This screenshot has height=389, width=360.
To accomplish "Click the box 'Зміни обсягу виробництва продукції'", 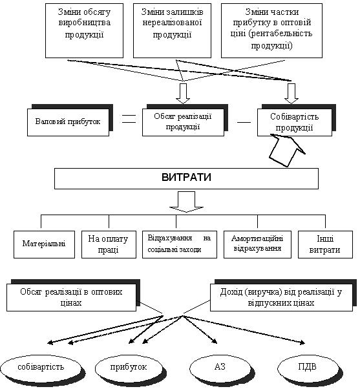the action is tap(84, 30).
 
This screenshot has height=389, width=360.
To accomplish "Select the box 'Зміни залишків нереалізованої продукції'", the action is tap(172, 30).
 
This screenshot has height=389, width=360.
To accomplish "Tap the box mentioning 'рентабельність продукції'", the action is tap(271, 30).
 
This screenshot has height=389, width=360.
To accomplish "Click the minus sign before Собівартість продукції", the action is tap(244, 122).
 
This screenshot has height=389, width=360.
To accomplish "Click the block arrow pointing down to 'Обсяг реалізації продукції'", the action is tap(183, 93).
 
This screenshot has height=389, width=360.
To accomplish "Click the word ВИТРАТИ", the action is tap(186, 178).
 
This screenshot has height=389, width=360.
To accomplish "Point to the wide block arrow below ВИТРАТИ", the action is tap(186, 202).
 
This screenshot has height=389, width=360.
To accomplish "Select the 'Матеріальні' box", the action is tap(44, 245).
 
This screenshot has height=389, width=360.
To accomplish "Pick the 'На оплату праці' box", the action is tap(109, 245).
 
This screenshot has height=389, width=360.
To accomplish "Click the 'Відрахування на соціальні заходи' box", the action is tap(180, 245).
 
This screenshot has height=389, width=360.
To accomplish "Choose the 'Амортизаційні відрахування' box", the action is tap(257, 245).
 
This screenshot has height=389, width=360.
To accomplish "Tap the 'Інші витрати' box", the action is tap(325, 245).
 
